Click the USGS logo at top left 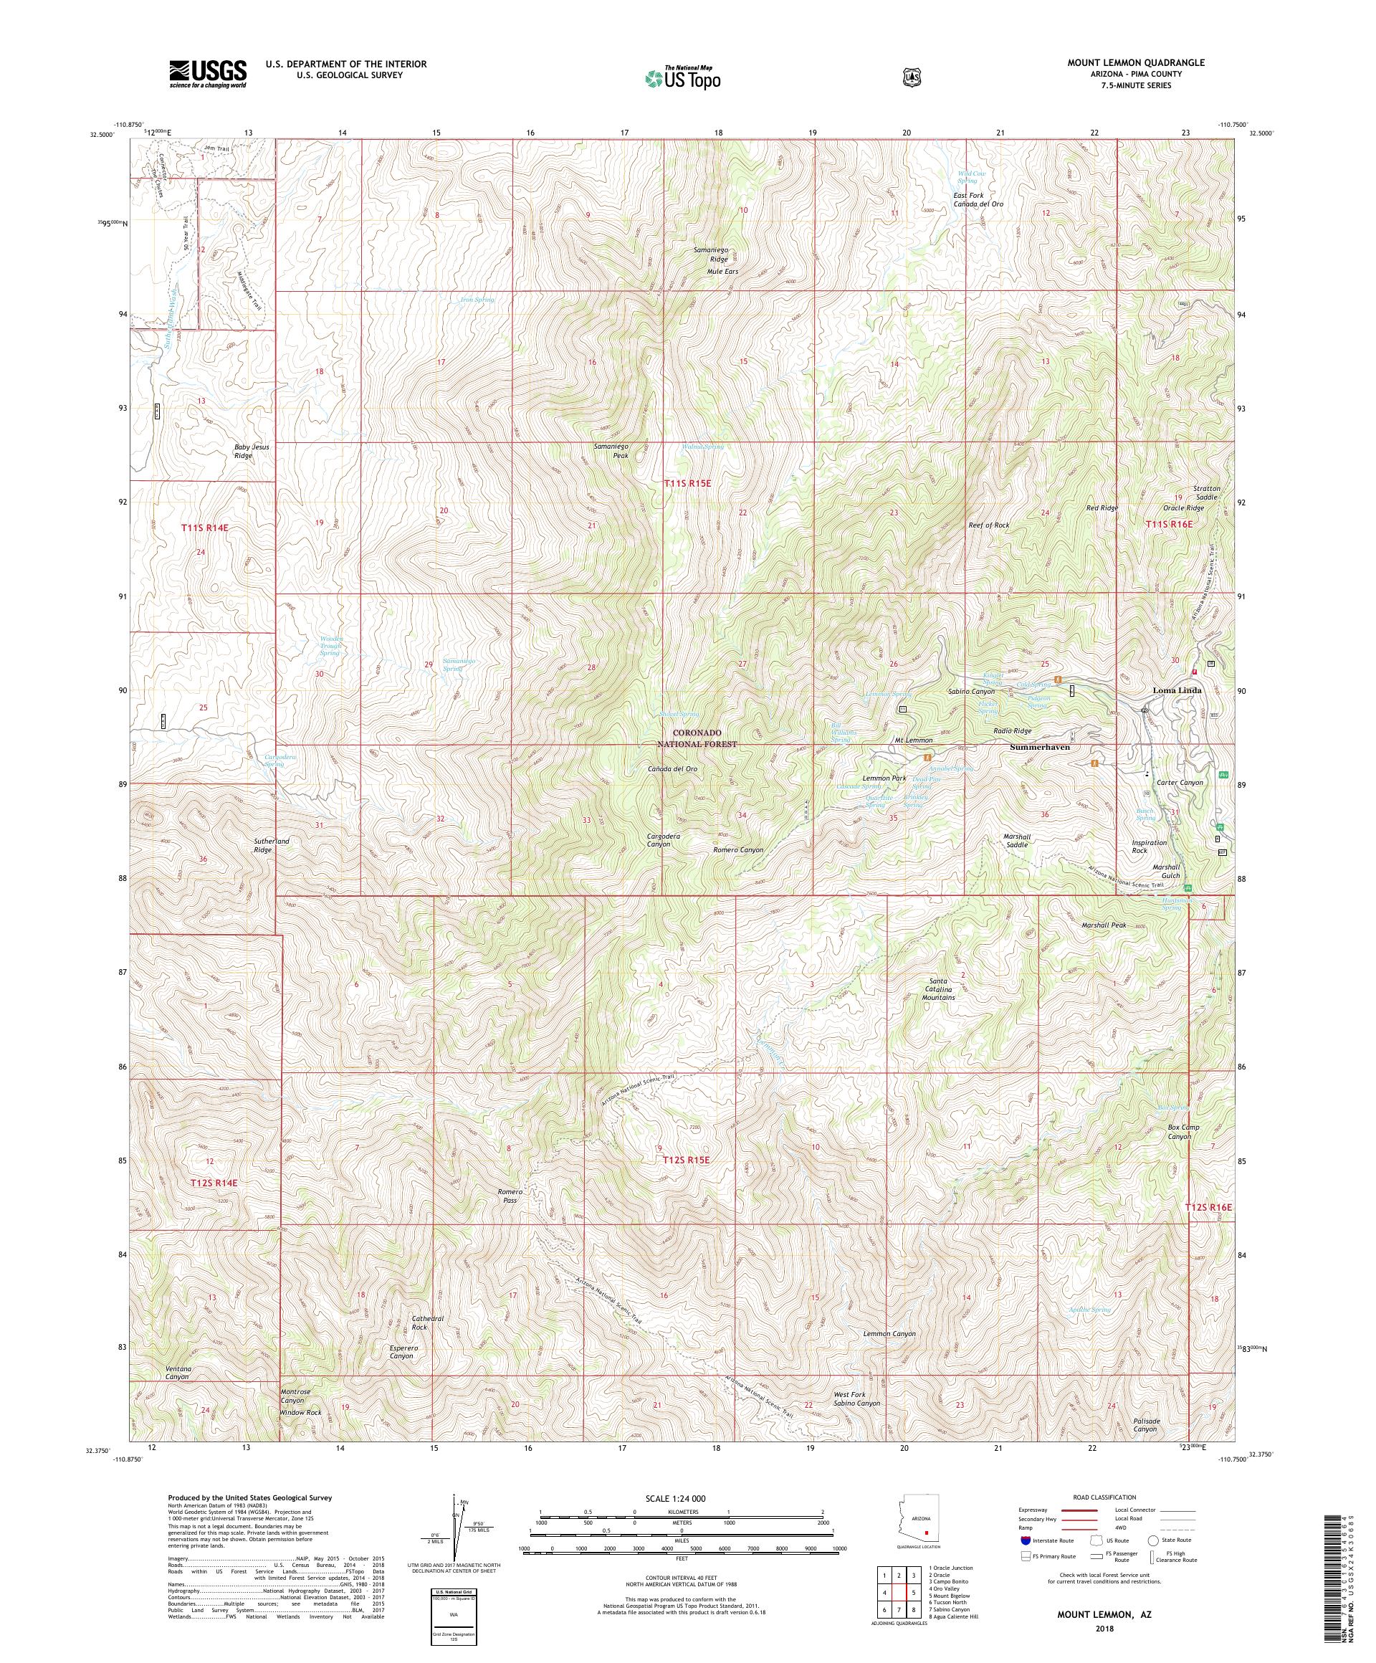tap(206, 75)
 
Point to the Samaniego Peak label tap(611, 452)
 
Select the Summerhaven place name tap(1039, 747)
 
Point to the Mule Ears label tap(722, 272)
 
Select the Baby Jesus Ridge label tap(252, 452)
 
